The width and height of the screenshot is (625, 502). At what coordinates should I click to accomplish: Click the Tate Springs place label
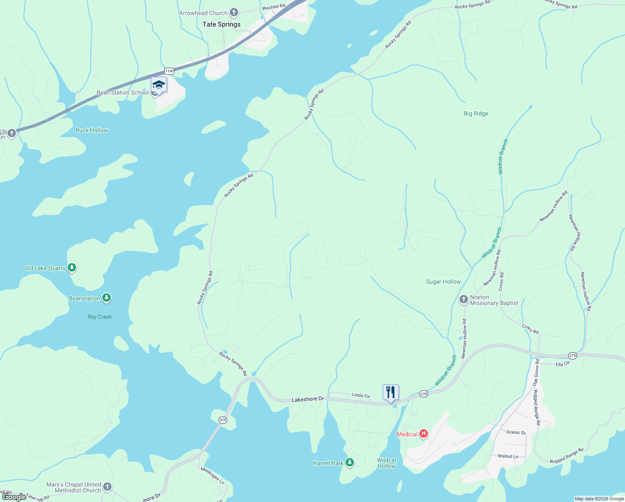point(221,24)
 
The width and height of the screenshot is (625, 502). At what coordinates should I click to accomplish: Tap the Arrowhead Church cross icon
point(234,13)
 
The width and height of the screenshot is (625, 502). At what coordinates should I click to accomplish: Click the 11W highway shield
point(169,71)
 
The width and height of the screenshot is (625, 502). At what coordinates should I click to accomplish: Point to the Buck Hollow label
point(91,130)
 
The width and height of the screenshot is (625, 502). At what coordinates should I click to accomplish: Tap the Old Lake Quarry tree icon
point(72,268)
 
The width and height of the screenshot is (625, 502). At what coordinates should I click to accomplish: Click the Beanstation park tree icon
point(107,298)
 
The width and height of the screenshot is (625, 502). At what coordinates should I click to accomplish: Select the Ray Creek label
point(100,317)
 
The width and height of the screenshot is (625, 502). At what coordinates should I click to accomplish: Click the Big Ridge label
point(476,113)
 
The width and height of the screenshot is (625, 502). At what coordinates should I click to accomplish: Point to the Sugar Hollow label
point(443,282)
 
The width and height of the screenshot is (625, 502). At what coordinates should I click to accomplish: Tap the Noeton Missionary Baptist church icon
point(463,300)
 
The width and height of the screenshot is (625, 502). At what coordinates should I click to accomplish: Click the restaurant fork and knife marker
point(391,392)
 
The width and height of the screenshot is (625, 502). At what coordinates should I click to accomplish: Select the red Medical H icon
point(424,434)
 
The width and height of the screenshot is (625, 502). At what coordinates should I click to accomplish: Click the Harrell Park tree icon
point(350,463)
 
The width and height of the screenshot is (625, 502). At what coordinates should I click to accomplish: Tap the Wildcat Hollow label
point(386,463)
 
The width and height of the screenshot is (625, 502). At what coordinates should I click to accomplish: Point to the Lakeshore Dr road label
point(307,400)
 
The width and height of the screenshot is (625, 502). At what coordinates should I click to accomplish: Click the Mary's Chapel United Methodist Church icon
point(107,487)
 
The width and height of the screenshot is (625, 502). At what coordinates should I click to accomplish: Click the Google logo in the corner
point(14,497)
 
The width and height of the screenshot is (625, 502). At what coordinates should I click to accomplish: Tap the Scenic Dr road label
point(516,433)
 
